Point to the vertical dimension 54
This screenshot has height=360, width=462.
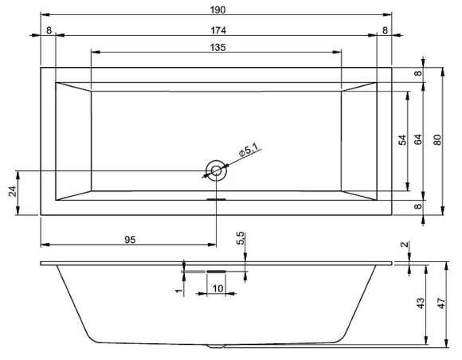[402, 140]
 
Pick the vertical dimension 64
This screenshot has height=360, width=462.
[417, 140]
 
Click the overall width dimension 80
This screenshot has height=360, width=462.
[437, 140]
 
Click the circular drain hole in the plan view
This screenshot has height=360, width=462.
[217, 170]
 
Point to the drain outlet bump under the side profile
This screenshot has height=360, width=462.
[217, 347]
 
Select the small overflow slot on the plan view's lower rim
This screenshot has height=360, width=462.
[217, 199]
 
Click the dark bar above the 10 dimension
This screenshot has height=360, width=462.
[217, 272]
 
